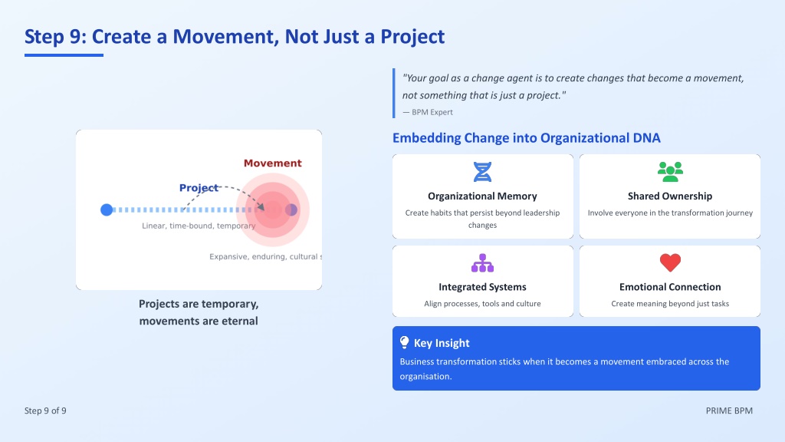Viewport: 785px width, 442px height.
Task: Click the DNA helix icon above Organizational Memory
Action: [482, 172]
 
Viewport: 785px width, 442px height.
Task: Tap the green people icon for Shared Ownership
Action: [670, 172]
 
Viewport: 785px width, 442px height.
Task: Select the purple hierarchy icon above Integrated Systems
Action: [482, 263]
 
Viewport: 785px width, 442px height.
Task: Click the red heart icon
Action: [670, 262]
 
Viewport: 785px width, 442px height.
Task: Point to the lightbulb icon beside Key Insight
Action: [405, 342]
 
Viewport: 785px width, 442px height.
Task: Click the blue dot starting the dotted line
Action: [107, 209]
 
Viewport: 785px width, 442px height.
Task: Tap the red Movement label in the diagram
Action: [272, 163]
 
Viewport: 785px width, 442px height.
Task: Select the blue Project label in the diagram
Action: [199, 187]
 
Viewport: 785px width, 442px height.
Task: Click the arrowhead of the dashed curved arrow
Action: [261, 206]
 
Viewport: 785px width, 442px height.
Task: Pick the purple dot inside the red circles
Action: [291, 209]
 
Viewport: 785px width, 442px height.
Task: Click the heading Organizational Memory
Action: [482, 196]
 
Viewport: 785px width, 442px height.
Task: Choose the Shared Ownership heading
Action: [670, 196]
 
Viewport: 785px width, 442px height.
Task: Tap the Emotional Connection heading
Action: [670, 287]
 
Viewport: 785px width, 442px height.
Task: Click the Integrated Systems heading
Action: [482, 287]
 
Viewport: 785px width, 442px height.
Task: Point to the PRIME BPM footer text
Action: [729, 411]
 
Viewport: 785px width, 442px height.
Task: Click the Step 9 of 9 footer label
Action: [45, 411]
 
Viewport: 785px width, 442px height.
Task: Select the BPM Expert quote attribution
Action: [428, 112]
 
